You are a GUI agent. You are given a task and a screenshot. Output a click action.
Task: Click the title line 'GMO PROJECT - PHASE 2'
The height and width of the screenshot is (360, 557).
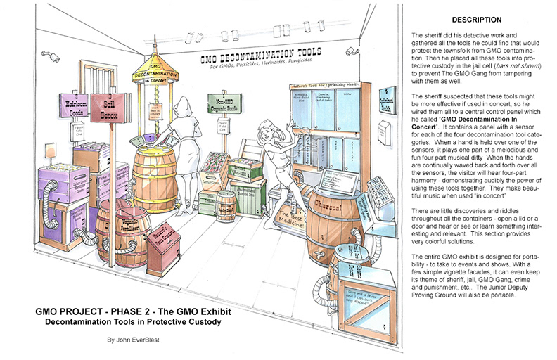tap(112, 311)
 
